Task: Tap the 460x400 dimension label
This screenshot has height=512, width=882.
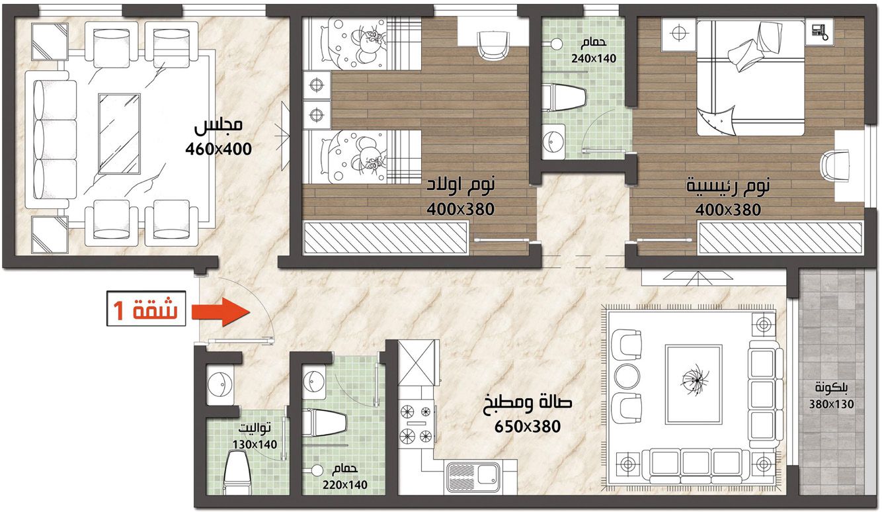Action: tap(219, 149)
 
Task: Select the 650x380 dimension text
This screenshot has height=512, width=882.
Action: tap(528, 426)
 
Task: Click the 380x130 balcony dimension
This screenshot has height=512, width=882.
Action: tap(832, 404)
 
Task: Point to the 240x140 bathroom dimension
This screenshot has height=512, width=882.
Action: tap(594, 59)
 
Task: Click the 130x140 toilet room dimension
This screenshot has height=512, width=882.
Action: tap(255, 445)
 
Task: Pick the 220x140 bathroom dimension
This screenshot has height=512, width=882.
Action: tap(345, 485)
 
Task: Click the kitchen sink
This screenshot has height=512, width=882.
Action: tap(474, 478)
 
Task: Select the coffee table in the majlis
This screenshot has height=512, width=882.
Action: tap(119, 134)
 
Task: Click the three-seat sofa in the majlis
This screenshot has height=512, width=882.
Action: tap(51, 140)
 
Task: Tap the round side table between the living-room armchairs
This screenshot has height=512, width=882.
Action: tap(627, 376)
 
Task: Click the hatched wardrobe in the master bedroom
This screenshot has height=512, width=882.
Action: tap(780, 237)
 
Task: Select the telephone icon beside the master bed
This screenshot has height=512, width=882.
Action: tap(819, 32)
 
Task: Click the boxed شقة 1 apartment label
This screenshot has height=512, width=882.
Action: tap(146, 308)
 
